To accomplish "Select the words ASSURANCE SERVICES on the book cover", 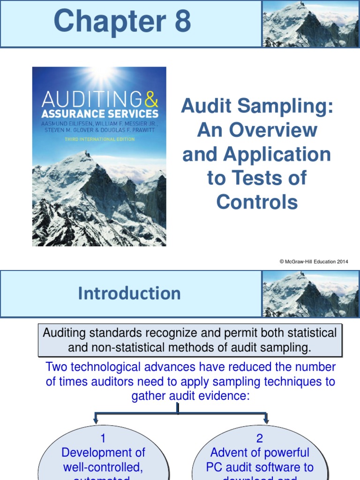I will [99, 113].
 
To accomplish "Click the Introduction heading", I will [129, 293].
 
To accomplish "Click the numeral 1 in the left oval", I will [103, 439].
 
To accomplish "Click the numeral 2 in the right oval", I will [260, 439].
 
